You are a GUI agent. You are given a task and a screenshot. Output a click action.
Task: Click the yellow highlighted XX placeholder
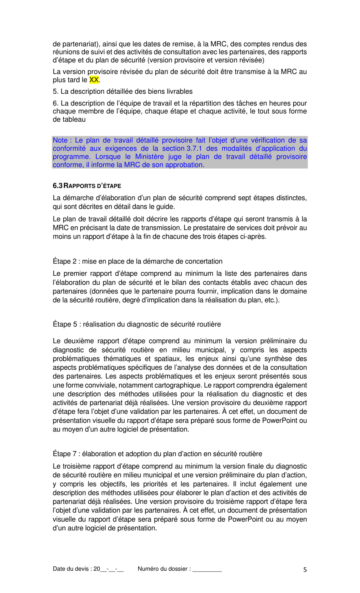pyautogui.click(x=94, y=80)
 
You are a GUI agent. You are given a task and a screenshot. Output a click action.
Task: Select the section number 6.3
pyautogui.click(x=57, y=186)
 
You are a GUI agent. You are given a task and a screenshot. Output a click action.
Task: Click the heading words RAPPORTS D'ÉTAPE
pyautogui.click(x=92, y=186)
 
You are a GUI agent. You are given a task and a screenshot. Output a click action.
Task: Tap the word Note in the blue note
pyautogui.click(x=60, y=140)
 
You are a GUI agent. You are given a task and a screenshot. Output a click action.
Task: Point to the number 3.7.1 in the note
pyautogui.click(x=194, y=149)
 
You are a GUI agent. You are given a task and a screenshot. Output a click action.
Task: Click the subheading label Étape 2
pyautogui.click(x=64, y=261)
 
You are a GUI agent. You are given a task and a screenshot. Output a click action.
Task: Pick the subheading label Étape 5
pyautogui.click(x=64, y=324)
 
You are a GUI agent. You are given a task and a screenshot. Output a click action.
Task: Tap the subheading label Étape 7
pyautogui.click(x=64, y=454)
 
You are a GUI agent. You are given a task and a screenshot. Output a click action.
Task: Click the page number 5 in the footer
pyautogui.click(x=305, y=569)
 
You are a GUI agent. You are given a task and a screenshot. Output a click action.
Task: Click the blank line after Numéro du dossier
pyautogui.click(x=207, y=569)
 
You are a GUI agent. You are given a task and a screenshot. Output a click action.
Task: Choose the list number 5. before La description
pyautogui.click(x=56, y=91)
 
